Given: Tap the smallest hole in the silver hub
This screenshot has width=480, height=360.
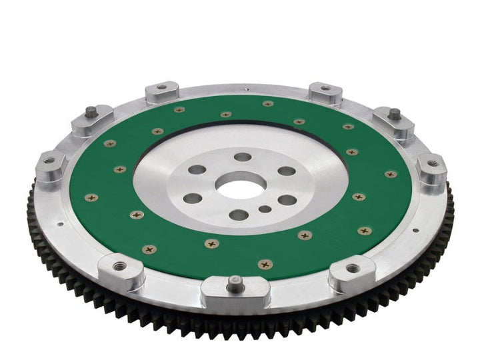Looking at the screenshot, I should pos(265,209).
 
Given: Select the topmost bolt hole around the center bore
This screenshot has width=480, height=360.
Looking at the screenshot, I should pos(243,157).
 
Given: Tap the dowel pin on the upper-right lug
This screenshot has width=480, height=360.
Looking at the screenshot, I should pos(395,113).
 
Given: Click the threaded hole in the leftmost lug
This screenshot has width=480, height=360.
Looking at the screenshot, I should pos(49,160).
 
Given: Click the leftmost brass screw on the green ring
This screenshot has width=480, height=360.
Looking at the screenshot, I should pos(91,197).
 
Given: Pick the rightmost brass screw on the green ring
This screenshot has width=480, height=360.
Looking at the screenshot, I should pos(391,174).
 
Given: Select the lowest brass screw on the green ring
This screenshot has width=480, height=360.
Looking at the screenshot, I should pos(265,264).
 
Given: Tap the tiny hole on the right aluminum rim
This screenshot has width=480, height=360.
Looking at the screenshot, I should pos(416,230).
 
